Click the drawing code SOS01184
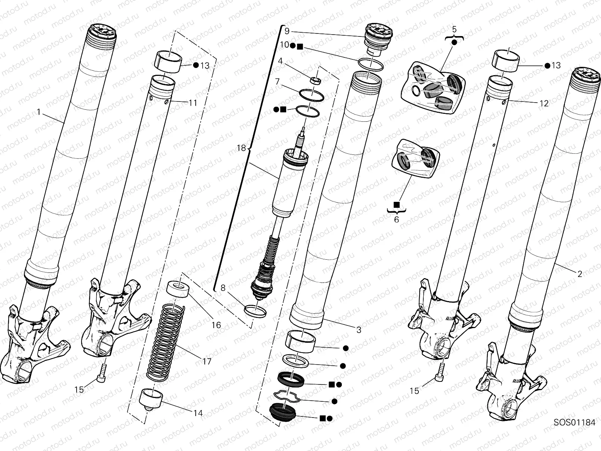pyautogui.click(x=574, y=422)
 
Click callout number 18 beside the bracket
pyautogui.click(x=241, y=148)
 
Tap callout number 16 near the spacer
pyautogui.click(x=216, y=325)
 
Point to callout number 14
pyautogui.click(x=198, y=413)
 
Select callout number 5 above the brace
pyautogui.click(x=454, y=29)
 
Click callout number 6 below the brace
pyautogui.click(x=396, y=219)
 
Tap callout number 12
pyautogui.click(x=544, y=103)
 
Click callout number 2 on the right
pyautogui.click(x=580, y=274)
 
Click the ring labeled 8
pyautogui.click(x=255, y=311)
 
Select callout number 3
pyautogui.click(x=359, y=330)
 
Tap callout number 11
pyautogui.click(x=193, y=103)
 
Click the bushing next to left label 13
pyautogui.click(x=168, y=62)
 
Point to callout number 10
pyautogui.click(x=284, y=45)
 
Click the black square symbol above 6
pyautogui.click(x=396, y=204)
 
